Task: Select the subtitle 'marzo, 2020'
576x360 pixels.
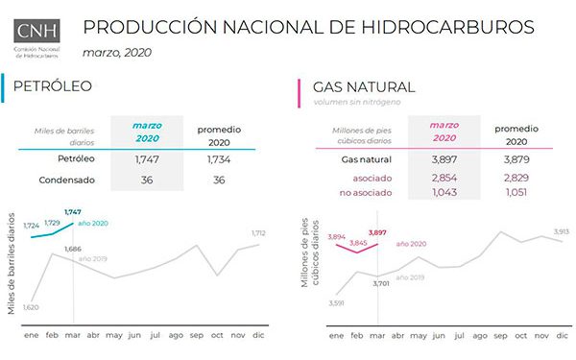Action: click(x=116, y=52)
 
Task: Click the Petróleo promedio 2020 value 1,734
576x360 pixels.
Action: click(x=218, y=158)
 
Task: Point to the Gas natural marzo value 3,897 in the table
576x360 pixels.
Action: click(x=444, y=158)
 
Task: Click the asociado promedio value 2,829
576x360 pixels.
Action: click(x=516, y=179)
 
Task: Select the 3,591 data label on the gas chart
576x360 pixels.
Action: click(x=335, y=304)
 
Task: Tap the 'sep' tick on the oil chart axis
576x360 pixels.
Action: click(x=197, y=336)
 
